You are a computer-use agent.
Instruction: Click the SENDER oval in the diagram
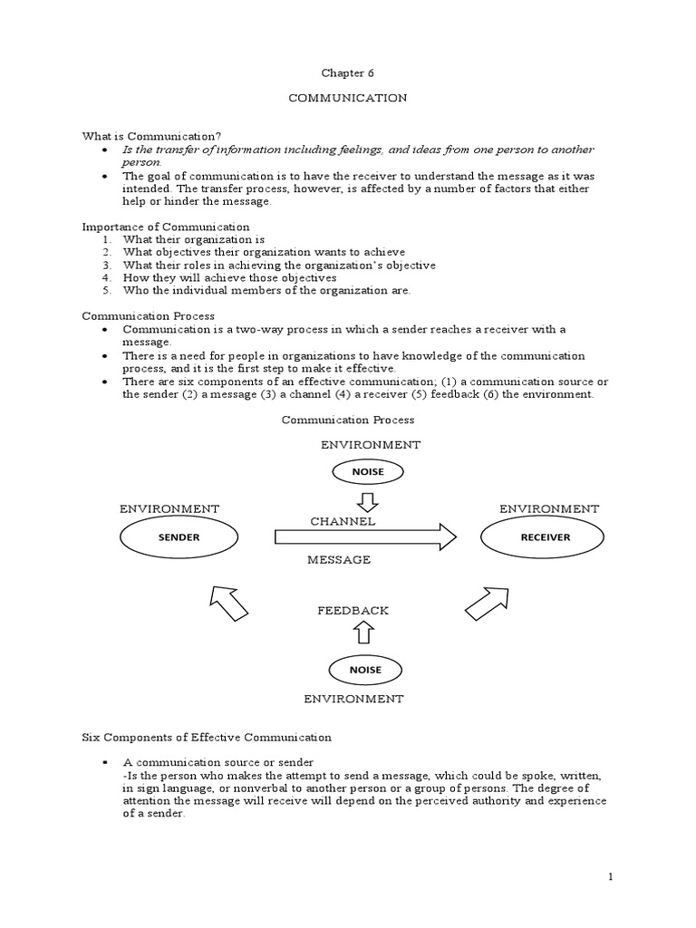[x=179, y=536]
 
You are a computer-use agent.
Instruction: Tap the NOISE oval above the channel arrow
[x=367, y=471]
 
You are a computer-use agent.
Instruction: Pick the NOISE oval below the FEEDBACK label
[x=367, y=670]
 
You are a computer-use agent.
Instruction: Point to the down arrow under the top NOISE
[x=367, y=500]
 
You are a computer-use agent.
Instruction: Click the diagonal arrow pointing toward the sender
[x=227, y=603]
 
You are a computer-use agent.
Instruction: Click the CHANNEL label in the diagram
[x=343, y=522]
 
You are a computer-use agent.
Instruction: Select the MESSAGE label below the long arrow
[x=339, y=560]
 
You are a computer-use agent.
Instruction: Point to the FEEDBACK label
[x=353, y=611]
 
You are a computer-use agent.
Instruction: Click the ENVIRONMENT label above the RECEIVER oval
[x=549, y=509]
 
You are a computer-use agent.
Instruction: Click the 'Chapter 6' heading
[x=347, y=72]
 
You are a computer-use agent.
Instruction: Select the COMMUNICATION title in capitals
[x=347, y=98]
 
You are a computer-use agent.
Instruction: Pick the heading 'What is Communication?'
[x=139, y=136]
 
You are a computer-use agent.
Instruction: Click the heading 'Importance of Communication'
[x=166, y=227]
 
